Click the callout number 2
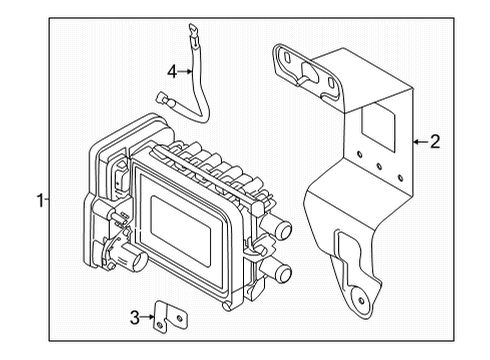[x=434, y=142]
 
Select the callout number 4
[x=171, y=71]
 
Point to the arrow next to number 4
[x=186, y=71]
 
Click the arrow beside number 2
[x=419, y=142]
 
